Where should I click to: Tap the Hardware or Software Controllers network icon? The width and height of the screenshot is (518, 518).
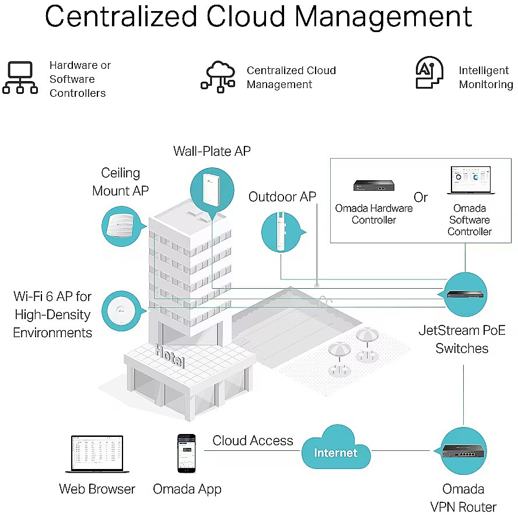pos(20,78)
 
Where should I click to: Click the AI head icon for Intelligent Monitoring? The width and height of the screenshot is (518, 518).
pos(429,73)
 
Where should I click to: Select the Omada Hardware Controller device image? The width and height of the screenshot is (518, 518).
pos(373,186)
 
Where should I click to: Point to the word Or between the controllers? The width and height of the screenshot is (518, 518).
pos(421,197)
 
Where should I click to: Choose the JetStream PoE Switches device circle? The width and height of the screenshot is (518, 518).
pos(465,293)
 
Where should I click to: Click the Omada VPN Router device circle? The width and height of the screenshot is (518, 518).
pos(463,451)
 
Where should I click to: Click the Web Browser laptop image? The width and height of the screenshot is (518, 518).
pos(97,454)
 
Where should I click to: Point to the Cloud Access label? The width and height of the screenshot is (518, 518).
pos(253,440)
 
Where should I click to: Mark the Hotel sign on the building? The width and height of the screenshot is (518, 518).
pos(170,355)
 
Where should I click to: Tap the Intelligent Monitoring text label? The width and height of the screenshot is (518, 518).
pos(485,78)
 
